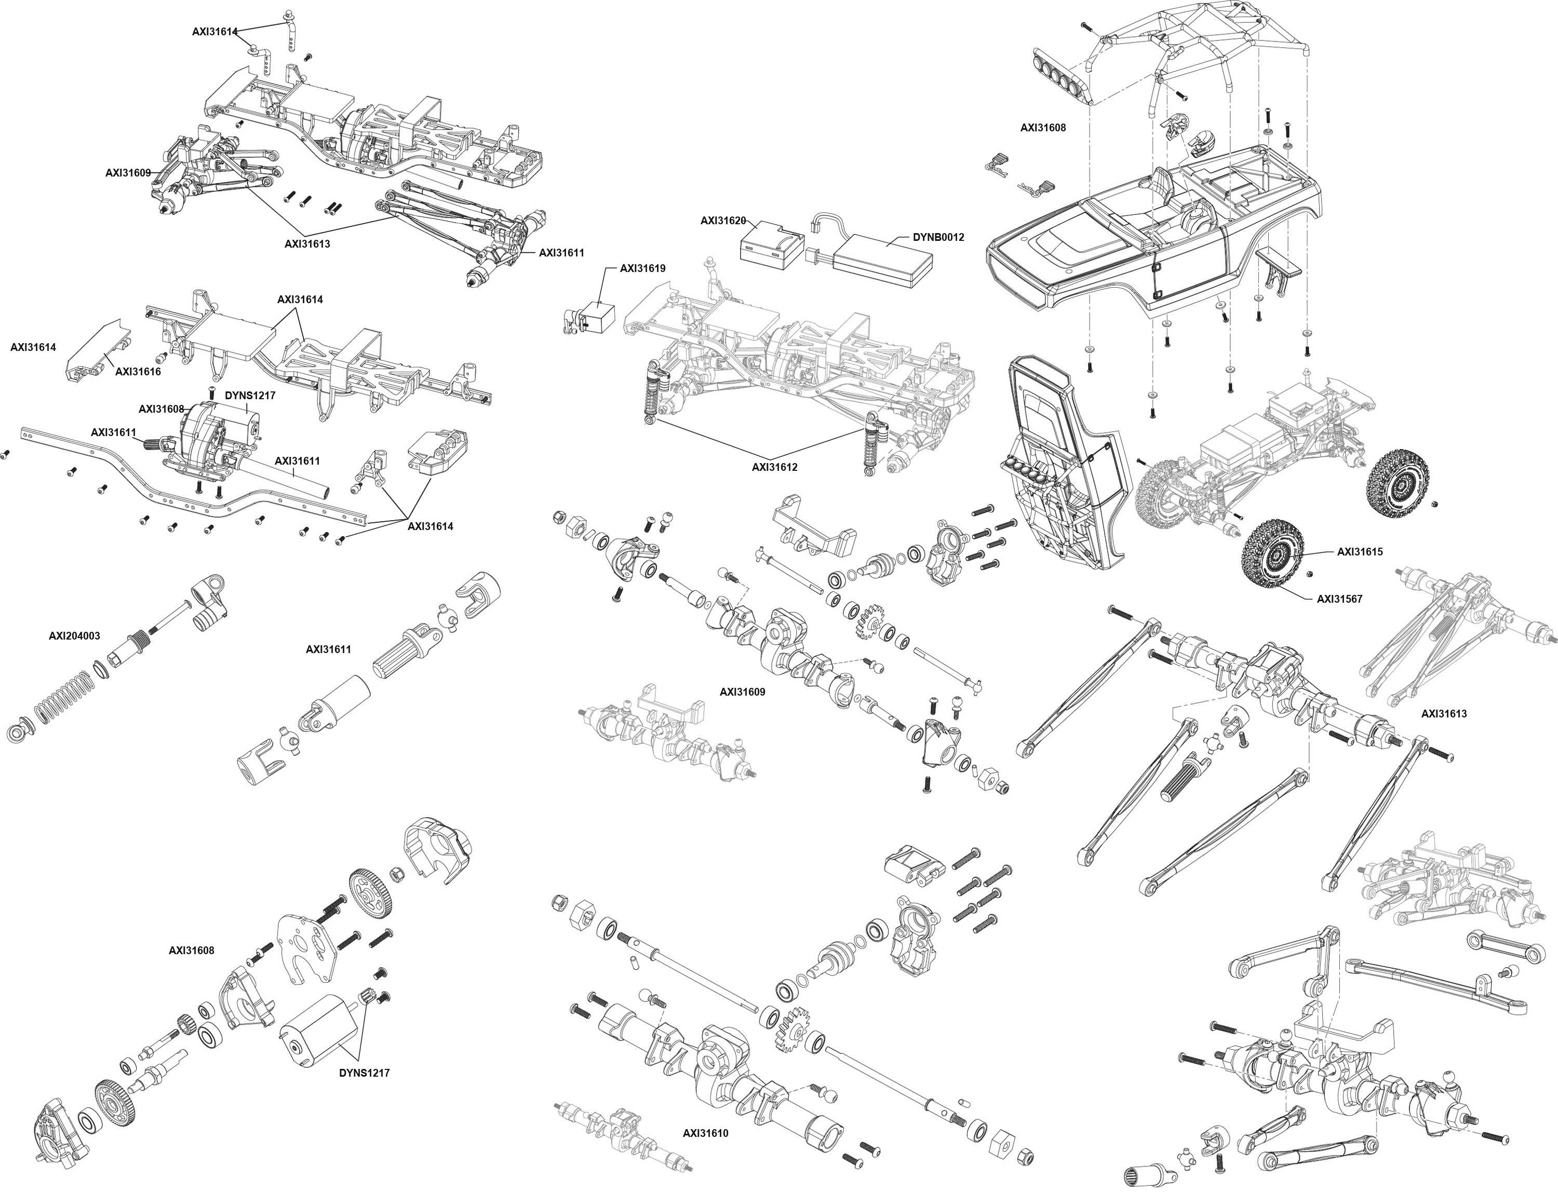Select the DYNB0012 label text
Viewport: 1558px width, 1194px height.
point(938,237)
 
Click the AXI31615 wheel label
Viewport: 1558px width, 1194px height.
point(1360,551)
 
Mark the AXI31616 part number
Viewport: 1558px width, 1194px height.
point(138,371)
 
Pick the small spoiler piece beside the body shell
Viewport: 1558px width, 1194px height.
point(1277,264)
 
